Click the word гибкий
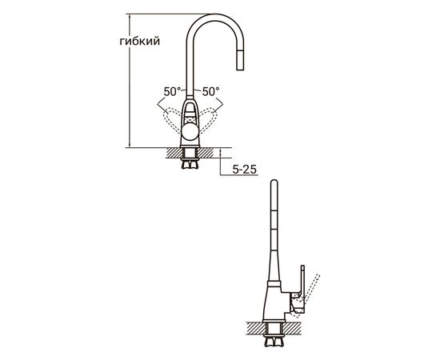(140, 42)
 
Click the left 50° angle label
(172, 91)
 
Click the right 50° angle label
(210, 91)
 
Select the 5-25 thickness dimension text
(245, 169)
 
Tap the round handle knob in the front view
(190, 132)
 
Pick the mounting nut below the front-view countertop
(190, 163)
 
